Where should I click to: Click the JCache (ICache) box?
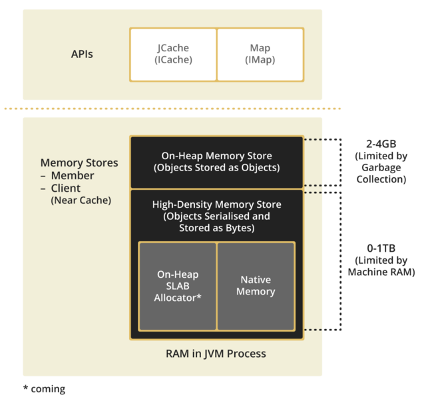pos(173,54)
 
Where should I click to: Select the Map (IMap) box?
pos(260,54)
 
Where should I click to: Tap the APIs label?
pos(82,54)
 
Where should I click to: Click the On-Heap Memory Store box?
pos(216,162)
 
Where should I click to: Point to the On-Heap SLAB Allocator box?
pos(178,286)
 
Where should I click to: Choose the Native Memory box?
pos(256,286)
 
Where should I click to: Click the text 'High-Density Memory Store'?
pos(216,204)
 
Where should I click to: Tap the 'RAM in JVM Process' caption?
pos(216,353)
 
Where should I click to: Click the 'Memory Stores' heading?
pos(79,163)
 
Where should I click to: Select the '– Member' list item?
pos(67,176)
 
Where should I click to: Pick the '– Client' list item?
pos(65,189)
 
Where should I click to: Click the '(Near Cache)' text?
pos(81,200)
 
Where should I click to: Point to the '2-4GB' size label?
pos(381,145)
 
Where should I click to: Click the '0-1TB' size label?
pos(381,247)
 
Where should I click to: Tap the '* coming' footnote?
pos(44,388)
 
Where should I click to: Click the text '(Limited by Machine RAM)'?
pos(381,266)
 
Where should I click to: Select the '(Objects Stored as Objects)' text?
pos(216,168)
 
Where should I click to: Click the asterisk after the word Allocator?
pos(198,297)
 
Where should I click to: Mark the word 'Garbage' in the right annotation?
pos(381,169)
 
